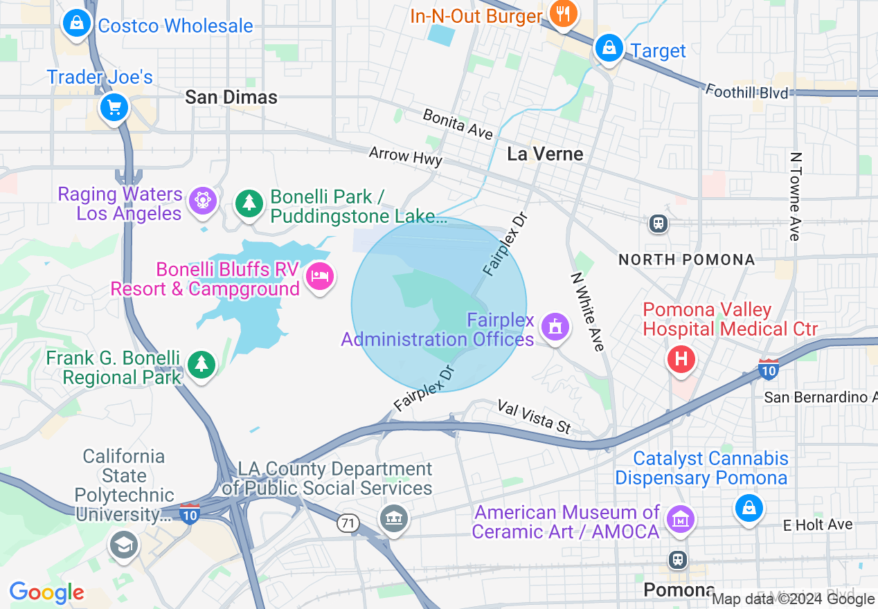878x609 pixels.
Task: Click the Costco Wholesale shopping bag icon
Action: [77, 25]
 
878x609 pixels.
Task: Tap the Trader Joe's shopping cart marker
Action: [114, 107]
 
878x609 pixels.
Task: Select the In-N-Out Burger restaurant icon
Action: [563, 14]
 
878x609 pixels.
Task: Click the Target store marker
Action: [609, 48]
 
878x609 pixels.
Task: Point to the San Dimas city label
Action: [231, 98]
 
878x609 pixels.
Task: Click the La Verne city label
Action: [545, 154]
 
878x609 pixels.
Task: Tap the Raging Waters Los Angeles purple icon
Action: [203, 201]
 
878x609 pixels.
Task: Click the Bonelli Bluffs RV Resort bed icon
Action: [319, 276]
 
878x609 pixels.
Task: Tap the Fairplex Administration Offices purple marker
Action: [555, 327]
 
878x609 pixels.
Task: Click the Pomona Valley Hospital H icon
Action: [681, 358]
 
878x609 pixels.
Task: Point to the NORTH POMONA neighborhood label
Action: [686, 260]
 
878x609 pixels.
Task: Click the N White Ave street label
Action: [588, 311]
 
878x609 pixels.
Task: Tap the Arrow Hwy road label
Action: [405, 156]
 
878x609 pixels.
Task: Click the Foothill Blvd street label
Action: [746, 91]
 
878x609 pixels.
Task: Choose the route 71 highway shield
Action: [348, 524]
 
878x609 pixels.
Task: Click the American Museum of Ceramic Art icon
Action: [679, 518]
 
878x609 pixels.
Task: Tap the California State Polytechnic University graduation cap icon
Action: [123, 545]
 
